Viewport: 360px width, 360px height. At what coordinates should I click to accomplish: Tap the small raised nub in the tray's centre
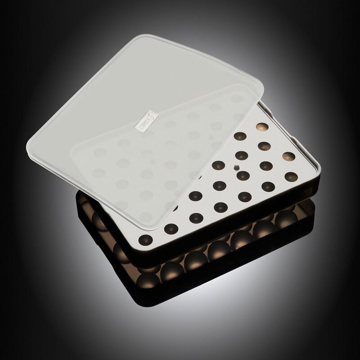point(237,167)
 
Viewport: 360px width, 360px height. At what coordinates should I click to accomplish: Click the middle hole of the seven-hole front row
point(220,206)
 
